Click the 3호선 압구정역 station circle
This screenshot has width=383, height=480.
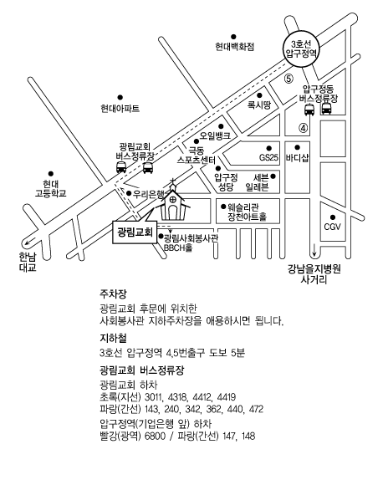click(x=301, y=49)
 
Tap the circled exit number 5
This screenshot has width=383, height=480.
click(x=289, y=79)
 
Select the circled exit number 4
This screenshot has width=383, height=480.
click(x=303, y=128)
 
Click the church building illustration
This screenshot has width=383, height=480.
click(x=173, y=202)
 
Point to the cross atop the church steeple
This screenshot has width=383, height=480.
click(x=173, y=181)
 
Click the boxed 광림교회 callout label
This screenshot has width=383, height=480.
click(x=135, y=232)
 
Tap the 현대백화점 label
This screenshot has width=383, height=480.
click(x=234, y=47)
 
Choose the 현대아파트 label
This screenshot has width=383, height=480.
click(x=120, y=109)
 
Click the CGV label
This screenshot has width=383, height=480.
click(x=332, y=227)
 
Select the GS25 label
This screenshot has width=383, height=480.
click(x=268, y=158)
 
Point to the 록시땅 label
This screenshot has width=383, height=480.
click(x=259, y=105)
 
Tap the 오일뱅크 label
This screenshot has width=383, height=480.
click(x=215, y=135)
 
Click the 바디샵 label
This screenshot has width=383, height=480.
click(x=297, y=158)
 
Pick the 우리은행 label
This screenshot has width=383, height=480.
click(x=149, y=194)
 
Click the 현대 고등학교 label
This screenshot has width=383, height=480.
click(x=50, y=189)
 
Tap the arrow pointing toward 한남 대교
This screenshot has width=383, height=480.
click(x=30, y=241)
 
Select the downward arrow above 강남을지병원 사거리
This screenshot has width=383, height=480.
click(x=314, y=250)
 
